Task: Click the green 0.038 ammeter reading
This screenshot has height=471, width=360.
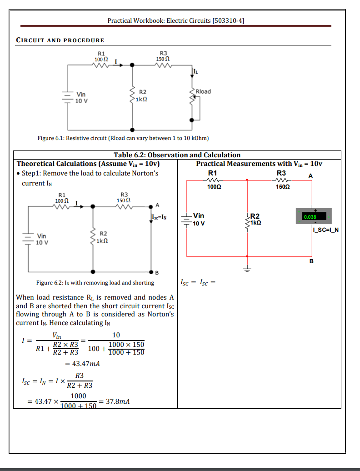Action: point(310,217)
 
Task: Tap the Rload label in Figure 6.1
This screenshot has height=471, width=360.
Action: point(203,91)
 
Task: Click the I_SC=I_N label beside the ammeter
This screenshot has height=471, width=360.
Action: point(326,230)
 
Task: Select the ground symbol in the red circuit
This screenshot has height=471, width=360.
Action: point(247,269)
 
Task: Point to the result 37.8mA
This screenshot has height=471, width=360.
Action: point(118,401)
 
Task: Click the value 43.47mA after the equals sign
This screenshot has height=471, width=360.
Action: point(86,363)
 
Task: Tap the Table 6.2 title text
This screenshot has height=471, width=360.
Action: point(177,155)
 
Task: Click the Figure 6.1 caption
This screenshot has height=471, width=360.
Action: point(123,138)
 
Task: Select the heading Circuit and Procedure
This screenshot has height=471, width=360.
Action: point(60,40)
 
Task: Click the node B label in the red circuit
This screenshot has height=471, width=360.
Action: point(311,261)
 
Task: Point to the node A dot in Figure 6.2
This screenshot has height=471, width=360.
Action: point(151,207)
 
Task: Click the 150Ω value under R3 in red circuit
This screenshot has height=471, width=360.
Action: point(283,187)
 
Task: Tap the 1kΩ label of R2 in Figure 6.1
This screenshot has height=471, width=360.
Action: point(141,99)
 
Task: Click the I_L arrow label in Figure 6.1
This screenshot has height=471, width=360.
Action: point(195,71)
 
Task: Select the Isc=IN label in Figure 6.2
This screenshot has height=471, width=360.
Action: point(160,217)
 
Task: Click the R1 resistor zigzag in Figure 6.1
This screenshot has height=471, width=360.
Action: point(101,65)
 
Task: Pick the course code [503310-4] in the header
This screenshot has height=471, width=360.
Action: point(228,20)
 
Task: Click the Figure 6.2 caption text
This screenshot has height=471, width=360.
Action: point(95,283)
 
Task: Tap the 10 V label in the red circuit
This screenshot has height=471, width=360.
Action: point(199,224)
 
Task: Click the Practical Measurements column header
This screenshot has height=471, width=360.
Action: point(259,164)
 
